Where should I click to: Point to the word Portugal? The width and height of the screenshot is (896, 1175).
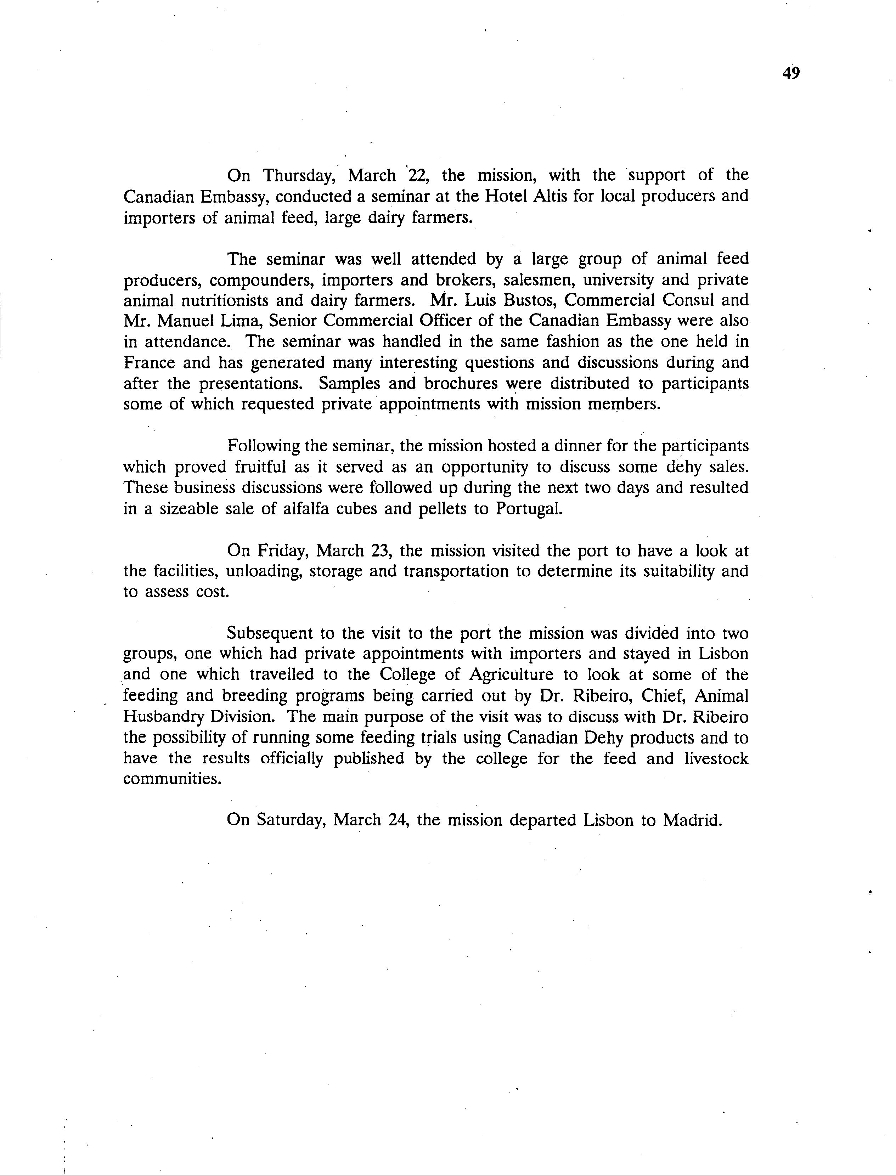tap(529, 509)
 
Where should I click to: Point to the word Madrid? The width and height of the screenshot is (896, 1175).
tap(692, 820)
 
